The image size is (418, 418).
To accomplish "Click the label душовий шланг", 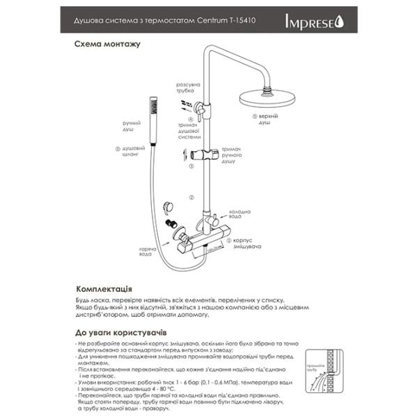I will (x=132, y=152).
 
